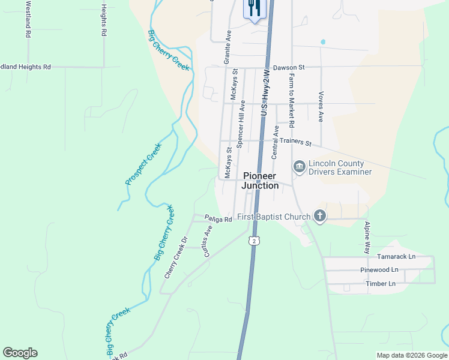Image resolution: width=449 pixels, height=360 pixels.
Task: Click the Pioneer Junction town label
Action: pyautogui.click(x=261, y=181)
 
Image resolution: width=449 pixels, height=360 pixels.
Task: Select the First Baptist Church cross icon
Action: pyautogui.click(x=320, y=216)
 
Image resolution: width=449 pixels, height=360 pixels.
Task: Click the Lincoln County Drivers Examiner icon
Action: pyautogui.click(x=299, y=166)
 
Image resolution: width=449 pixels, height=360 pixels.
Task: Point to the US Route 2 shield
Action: pyautogui.click(x=255, y=241)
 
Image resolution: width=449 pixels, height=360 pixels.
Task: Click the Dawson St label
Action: pyautogui.click(x=289, y=68)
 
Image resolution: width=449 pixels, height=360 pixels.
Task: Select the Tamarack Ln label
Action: pyautogui.click(x=396, y=256)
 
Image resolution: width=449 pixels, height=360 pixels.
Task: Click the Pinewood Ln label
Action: pyautogui.click(x=379, y=270)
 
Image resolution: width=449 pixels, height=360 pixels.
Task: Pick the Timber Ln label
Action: pyautogui.click(x=381, y=283)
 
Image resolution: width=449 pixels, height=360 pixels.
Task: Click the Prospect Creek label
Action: pyautogui.click(x=143, y=164)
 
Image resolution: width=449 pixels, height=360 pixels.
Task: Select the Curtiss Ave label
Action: pyautogui.click(x=208, y=241)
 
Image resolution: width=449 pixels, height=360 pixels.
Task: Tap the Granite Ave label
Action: pyautogui.click(x=228, y=47)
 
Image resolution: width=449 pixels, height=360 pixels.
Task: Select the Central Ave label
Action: pyautogui.click(x=275, y=142)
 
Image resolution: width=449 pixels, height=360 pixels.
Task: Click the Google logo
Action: pyautogui.click(x=20, y=353)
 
